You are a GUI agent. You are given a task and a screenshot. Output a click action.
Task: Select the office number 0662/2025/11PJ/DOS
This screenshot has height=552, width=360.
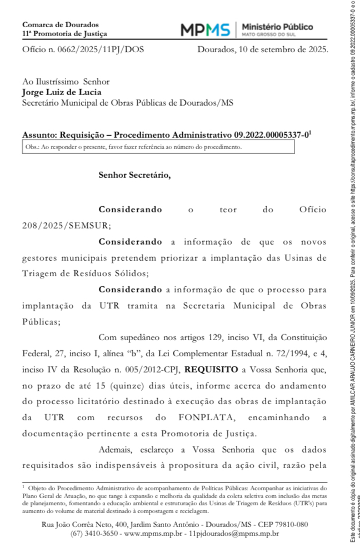pos(101,49)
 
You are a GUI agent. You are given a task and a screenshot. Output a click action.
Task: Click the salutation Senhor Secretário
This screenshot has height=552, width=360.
pos(135,175)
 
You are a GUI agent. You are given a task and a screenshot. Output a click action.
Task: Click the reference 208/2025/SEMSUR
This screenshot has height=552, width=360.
pos(67,225)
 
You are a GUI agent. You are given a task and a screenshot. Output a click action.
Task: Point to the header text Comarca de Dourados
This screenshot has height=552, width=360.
pos(60,24)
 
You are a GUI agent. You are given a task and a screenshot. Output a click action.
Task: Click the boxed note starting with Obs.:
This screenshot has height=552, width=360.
pos(158,147)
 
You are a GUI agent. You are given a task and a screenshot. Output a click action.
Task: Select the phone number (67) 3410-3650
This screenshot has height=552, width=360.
pos(94,534)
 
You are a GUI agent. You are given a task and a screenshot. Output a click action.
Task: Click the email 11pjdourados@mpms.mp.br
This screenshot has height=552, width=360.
pos(233,534)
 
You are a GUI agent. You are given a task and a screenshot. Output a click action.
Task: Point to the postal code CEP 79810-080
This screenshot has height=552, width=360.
pos(282,524)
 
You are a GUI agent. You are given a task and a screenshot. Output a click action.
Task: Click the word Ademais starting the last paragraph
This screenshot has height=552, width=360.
pos(114,450)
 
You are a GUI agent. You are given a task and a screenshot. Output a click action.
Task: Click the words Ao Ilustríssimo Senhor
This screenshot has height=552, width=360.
pos(66,82)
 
